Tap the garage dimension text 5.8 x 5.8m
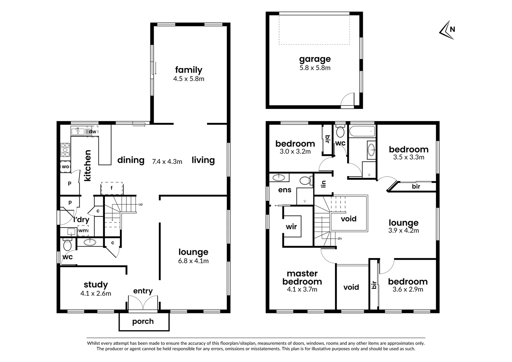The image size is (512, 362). point(315,68)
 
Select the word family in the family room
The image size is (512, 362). point(189,70)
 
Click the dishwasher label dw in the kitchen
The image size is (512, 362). point(92,132)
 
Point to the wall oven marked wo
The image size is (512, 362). point(65,167)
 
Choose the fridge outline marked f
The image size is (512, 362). point(112,188)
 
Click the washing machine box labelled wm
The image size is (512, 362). point(83,231)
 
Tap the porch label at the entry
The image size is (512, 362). point(143,321)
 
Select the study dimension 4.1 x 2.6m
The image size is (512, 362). point(95,293)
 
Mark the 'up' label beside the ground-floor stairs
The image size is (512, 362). point(140,204)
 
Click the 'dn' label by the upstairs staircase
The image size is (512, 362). point(339,239)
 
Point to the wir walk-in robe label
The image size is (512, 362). point(292,227)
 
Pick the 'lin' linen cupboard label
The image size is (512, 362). point(323,184)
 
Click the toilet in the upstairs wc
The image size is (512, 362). point(340,132)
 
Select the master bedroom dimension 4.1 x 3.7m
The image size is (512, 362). point(302,289)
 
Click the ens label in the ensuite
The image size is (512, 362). point(285,190)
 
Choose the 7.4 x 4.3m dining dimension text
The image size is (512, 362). point(167,162)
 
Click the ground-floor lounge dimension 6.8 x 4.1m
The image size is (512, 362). point(193,261)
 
